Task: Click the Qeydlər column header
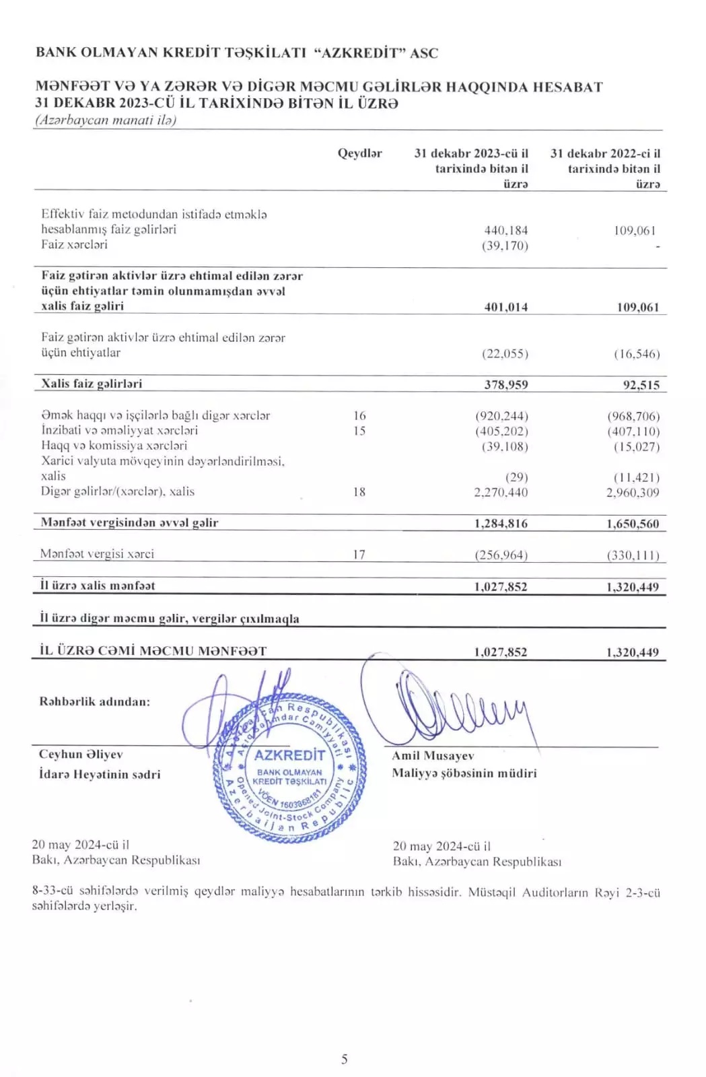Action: (x=359, y=153)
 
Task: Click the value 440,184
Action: (x=505, y=230)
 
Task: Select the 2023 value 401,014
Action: (x=505, y=307)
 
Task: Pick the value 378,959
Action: (x=505, y=385)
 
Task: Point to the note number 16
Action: (x=359, y=416)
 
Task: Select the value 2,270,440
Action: (x=501, y=492)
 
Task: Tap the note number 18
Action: (x=359, y=492)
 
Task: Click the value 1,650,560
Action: (x=632, y=524)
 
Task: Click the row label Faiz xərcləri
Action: (x=74, y=244)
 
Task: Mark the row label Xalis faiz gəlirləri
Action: (x=92, y=384)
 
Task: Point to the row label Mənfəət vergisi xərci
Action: (x=97, y=554)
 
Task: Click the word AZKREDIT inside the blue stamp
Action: (x=289, y=755)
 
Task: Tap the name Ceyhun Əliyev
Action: (x=81, y=755)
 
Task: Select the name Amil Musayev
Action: (x=433, y=756)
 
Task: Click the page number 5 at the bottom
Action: (x=345, y=1059)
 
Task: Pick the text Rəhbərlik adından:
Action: (x=95, y=701)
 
